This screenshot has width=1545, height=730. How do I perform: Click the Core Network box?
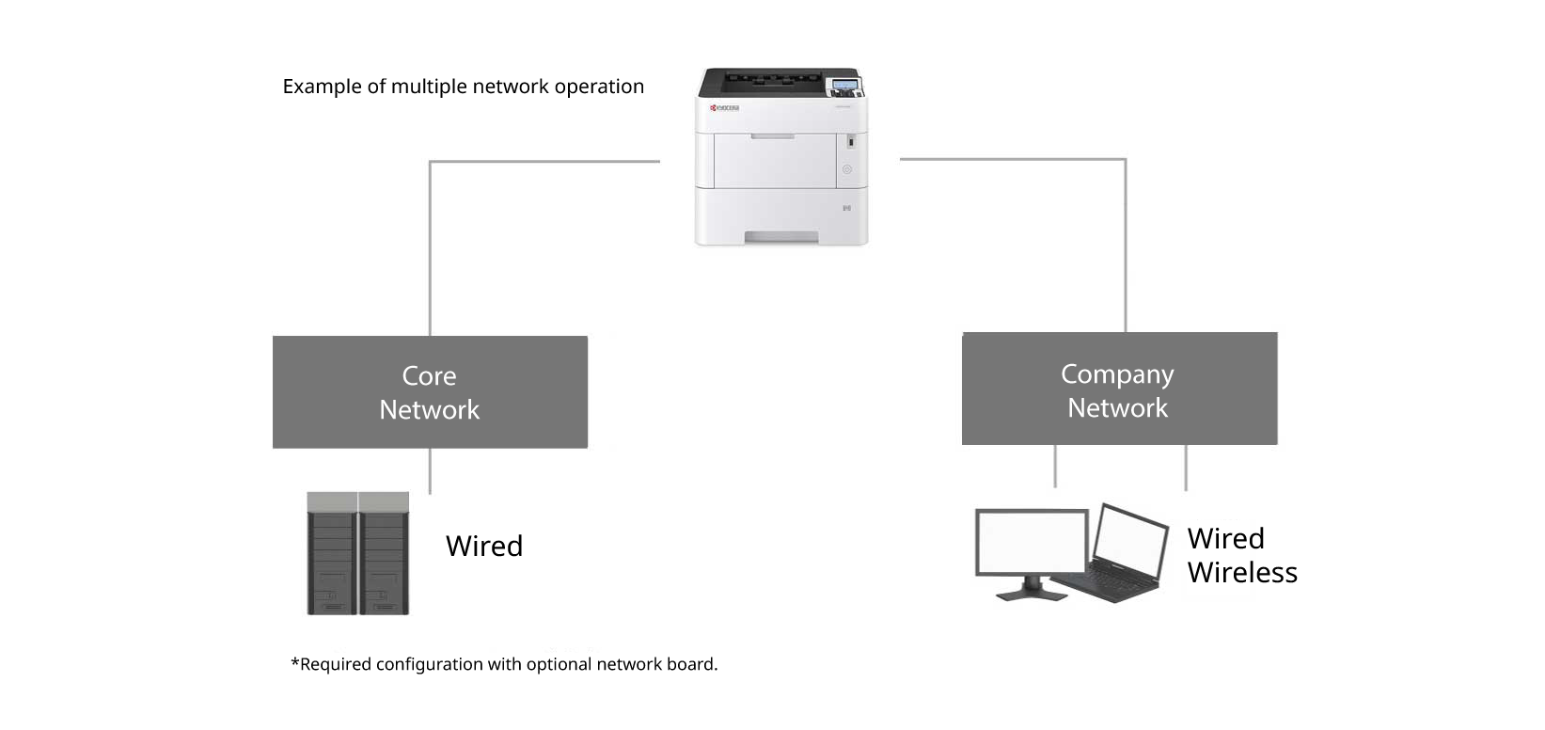(x=430, y=391)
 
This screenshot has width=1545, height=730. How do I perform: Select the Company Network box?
(x=1119, y=389)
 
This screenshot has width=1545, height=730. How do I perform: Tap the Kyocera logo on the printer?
(x=725, y=108)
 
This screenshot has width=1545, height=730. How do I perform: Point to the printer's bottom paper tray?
(x=780, y=218)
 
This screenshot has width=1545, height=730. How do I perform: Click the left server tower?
(x=332, y=554)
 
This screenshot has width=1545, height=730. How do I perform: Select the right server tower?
(x=385, y=554)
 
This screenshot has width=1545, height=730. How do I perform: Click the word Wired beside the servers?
(x=484, y=546)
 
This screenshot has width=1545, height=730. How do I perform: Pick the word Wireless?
(x=1242, y=572)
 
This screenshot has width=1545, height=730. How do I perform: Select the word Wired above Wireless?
(x=1225, y=538)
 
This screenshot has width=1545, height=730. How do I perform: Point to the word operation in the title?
(x=599, y=87)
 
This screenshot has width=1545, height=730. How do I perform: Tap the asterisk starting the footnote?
(x=295, y=663)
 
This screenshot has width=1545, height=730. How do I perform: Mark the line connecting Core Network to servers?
(x=430, y=470)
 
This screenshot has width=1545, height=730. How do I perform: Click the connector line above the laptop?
(x=1186, y=467)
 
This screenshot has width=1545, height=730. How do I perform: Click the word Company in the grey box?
(x=1117, y=373)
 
